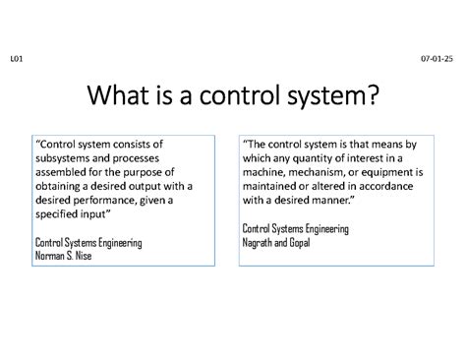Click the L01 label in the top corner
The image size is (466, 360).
tap(16, 60)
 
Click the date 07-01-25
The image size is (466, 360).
tap(437, 60)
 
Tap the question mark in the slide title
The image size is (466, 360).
tap(370, 97)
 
